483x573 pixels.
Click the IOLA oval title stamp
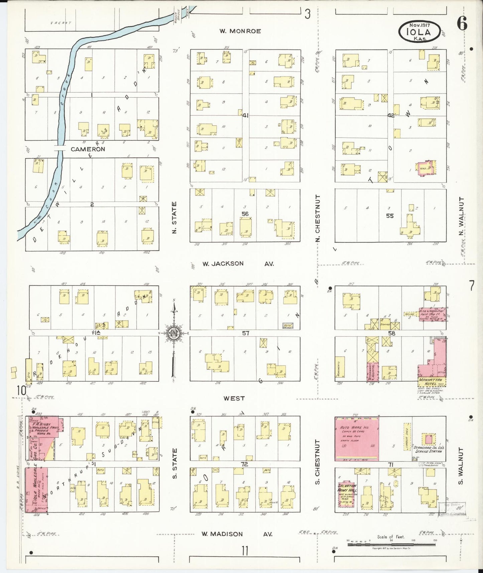[419, 31]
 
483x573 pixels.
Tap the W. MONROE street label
[240, 31]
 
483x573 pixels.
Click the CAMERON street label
[88, 149]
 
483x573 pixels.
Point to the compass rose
[174, 333]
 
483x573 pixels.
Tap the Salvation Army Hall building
[347, 494]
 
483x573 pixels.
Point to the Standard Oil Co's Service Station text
[428, 449]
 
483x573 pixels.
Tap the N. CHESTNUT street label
[318, 218]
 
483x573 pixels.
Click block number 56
[245, 214]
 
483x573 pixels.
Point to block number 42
[391, 115]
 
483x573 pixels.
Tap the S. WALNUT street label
[461, 466]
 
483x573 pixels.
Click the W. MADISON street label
[222, 534]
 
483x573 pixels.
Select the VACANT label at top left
[61, 23]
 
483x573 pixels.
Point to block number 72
[245, 464]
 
